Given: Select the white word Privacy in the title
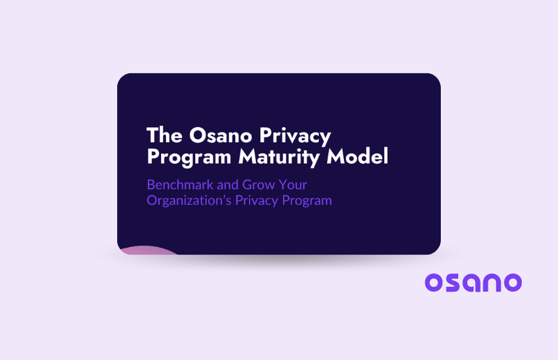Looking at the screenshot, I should click(296, 135).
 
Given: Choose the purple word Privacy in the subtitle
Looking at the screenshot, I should click(257, 201).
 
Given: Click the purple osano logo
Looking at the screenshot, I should click(473, 282).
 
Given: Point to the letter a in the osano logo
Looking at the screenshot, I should click(474, 282).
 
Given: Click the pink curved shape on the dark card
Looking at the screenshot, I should click(149, 250).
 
